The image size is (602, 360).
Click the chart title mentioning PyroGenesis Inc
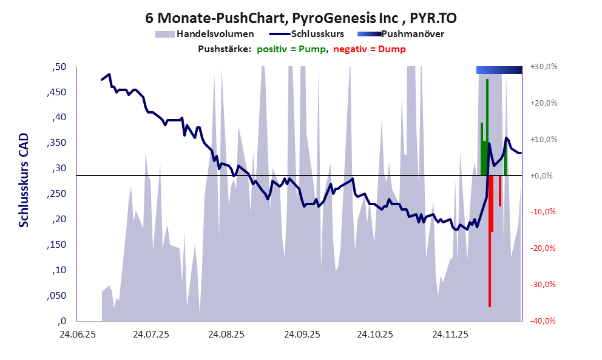[301, 18]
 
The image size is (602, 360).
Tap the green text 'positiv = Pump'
[291, 49]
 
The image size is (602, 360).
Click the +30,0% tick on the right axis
[544, 66]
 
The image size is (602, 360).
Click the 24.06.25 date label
[76, 334]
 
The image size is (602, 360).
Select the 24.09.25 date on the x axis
[301, 334]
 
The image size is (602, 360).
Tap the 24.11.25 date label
[450, 334]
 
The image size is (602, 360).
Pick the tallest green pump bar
[487, 127]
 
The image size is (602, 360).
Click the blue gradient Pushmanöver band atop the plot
[499, 70]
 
